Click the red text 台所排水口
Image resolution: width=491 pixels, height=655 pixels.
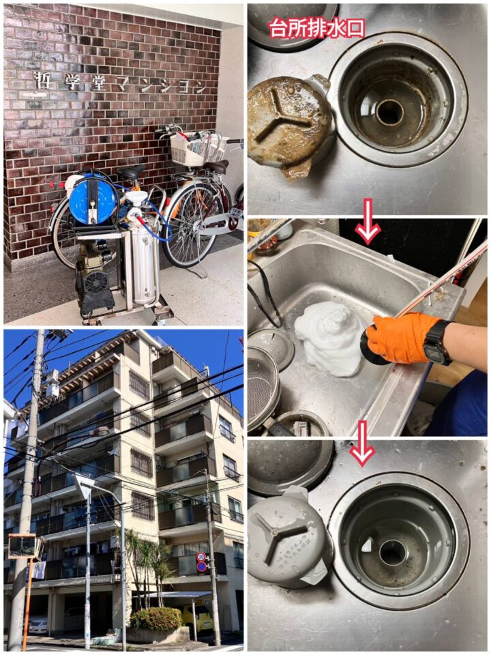point(317,28)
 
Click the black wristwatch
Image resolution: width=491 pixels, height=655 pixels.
point(436,342)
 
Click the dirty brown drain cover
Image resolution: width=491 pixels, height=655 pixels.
point(290,126)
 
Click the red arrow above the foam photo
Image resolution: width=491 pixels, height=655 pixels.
point(368,222)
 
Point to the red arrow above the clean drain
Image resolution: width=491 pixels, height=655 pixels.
point(362,443)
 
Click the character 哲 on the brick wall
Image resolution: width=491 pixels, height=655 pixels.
point(43,80)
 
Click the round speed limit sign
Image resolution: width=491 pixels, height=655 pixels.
point(200,557)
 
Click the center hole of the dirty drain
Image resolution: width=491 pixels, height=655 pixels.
point(390,111)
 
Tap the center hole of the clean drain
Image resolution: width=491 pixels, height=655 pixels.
point(391,552)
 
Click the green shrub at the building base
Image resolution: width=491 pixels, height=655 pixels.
point(157,618)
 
